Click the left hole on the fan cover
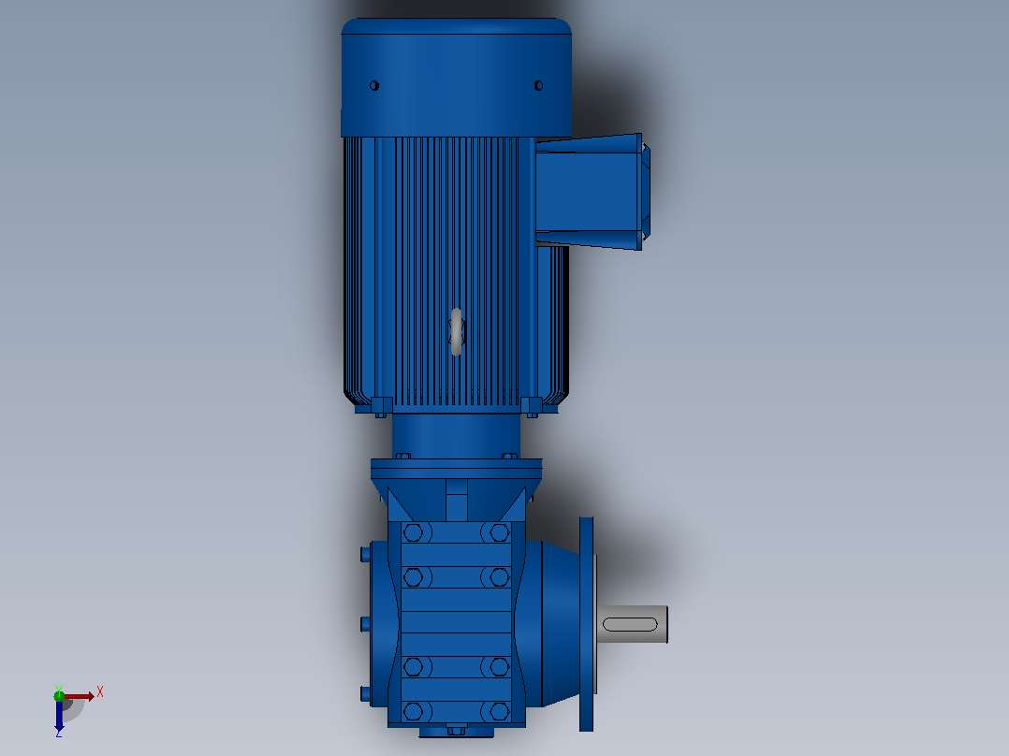point(373,85)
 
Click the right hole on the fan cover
point(538,85)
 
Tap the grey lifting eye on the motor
point(456,331)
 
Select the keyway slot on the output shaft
point(630,624)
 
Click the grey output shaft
point(632,624)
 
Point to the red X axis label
point(100,692)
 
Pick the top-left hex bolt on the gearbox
point(413,532)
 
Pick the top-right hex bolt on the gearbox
point(499,532)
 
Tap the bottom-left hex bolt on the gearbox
point(413,712)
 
